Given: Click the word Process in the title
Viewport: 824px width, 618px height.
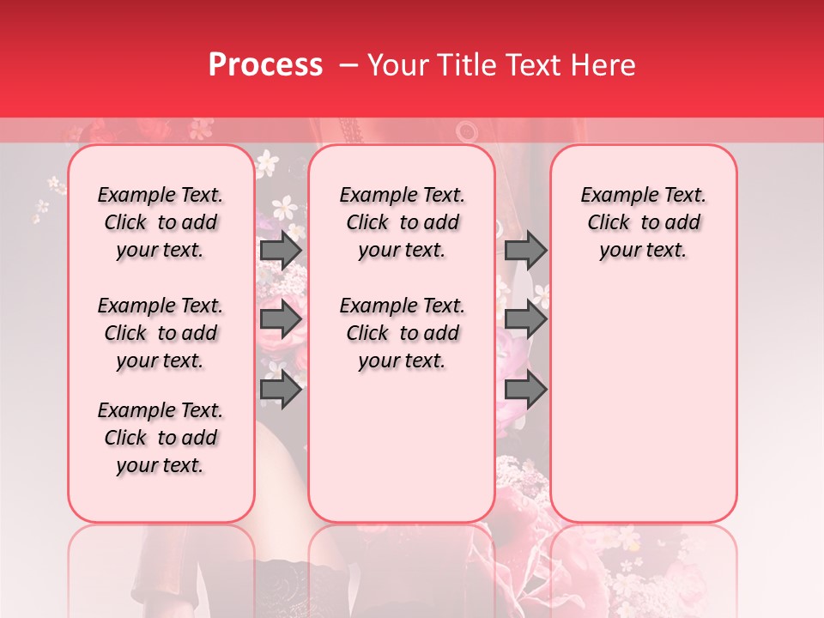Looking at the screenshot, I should [265, 65].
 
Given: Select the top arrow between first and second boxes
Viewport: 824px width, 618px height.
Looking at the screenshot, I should [281, 251].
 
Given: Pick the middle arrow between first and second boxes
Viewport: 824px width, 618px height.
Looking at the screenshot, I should [281, 320].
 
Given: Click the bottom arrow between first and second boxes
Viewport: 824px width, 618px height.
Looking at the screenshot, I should [281, 390].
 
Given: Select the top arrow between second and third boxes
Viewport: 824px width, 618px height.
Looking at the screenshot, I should [525, 251].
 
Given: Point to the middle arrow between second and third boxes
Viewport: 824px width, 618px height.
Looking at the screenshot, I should [525, 320].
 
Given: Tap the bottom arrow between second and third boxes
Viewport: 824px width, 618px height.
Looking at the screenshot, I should [525, 390].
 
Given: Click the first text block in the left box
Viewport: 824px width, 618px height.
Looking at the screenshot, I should [161, 222].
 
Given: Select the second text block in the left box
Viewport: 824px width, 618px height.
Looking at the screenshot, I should [161, 333].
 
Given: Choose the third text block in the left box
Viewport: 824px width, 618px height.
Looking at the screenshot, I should [161, 438].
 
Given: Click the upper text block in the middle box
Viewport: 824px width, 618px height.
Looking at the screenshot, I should [402, 222].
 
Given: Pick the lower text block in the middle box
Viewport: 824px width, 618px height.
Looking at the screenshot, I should [402, 333].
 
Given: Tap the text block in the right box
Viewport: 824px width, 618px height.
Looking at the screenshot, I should [644, 222].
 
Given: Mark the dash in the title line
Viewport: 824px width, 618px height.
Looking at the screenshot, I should [348, 65].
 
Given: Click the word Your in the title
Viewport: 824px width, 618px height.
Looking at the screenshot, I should [394, 65].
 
